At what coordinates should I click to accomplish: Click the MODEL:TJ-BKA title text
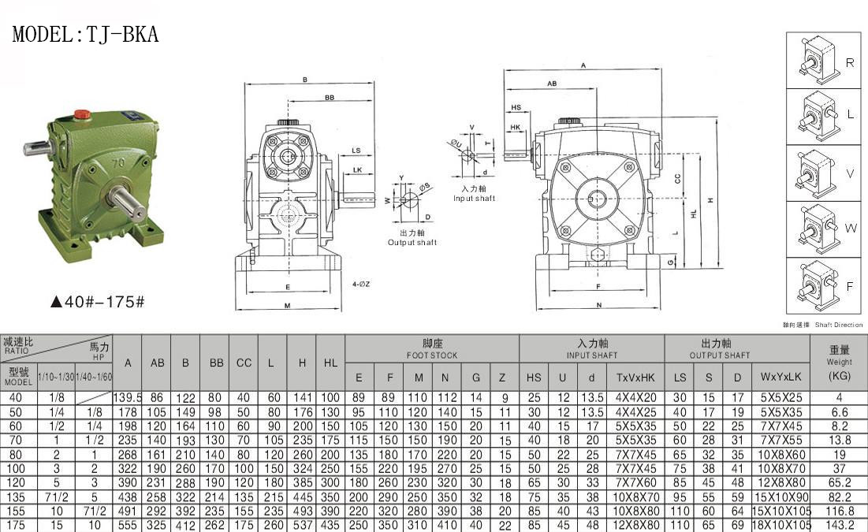click(86, 35)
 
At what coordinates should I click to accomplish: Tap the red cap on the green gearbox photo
click(80, 115)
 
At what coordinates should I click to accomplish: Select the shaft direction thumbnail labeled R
click(824, 60)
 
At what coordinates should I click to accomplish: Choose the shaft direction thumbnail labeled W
click(824, 229)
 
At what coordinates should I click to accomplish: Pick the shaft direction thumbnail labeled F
click(824, 285)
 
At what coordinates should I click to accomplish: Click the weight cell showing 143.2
click(839, 525)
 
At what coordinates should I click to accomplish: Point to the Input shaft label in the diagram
click(474, 195)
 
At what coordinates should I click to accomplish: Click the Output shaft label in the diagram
click(412, 238)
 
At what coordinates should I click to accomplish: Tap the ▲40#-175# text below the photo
click(98, 302)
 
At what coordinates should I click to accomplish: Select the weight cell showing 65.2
click(839, 484)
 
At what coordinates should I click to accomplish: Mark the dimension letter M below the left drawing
click(287, 305)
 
